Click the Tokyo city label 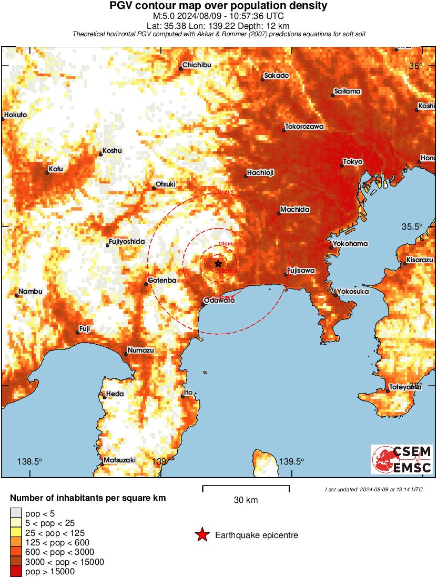pos(353,162)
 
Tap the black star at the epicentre pos(218,264)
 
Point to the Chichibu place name pos(197,65)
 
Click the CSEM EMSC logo pos(402,460)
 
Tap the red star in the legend pos(201,535)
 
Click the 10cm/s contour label pos(227,244)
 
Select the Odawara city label pos(220,301)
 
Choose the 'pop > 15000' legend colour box pos(16,571)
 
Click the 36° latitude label pos(416,66)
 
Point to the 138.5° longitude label pos(29,461)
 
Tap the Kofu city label pos(56,169)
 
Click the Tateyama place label pos(406,387)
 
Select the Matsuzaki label pos(120,460)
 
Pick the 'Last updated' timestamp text pos(373,490)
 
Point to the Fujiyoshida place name pos(126,242)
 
